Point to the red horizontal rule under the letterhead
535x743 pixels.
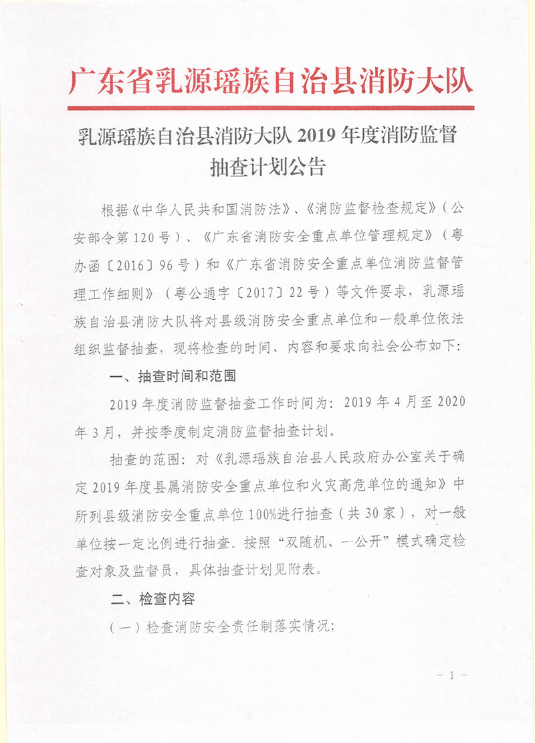(271, 108)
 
